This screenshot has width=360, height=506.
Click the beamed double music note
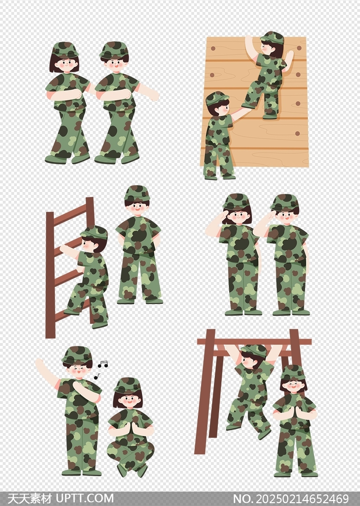point(103,364)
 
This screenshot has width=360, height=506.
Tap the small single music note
point(97,377)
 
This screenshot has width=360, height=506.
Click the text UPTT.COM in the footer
point(85,498)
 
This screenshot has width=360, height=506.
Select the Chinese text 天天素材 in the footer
point(30,498)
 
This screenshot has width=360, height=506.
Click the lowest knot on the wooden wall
point(297,133)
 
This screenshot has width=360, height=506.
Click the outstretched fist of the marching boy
point(154,95)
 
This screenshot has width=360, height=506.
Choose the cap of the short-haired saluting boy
point(284,202)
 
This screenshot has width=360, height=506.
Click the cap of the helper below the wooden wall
point(217,99)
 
